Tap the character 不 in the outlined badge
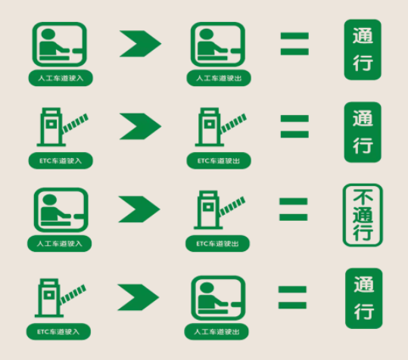363,197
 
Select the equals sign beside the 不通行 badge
294,209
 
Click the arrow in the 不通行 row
139,209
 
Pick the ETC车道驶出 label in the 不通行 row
217,244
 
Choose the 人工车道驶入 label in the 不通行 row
60,244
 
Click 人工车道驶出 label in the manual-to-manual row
219,78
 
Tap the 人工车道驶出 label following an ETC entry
216,332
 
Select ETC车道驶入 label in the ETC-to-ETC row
61,160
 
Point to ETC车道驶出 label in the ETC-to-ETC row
219,160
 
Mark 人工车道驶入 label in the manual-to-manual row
61,78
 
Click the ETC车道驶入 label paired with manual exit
58,332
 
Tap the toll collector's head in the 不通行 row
49,200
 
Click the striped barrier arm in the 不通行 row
232,206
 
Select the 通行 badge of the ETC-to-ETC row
363,132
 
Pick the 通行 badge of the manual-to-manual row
363,49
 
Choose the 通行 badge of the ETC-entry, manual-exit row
364,299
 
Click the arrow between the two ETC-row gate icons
140,126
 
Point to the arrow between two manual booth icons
140,44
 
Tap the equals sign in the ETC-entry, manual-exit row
292,297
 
